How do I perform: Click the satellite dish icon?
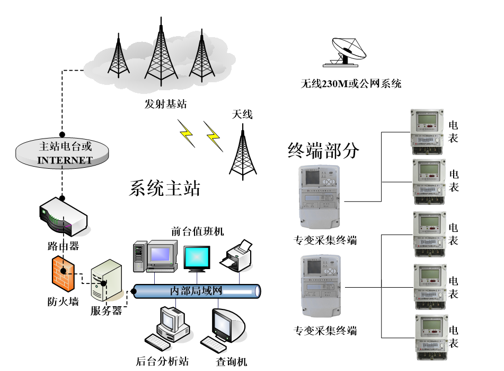coord(348,51)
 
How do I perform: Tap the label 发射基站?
coord(165,103)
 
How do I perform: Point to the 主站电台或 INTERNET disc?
coord(63,152)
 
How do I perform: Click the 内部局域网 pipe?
coord(196,291)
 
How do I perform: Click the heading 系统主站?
coord(164,188)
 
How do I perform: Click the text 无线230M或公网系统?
coord(351,83)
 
